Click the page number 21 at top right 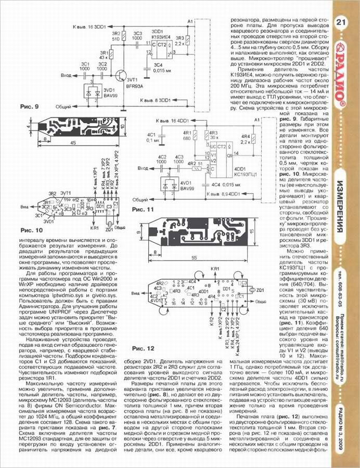341,22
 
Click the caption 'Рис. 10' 32,229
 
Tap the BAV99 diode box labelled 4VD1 168,186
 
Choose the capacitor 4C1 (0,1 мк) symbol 163,136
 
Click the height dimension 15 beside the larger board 250,231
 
